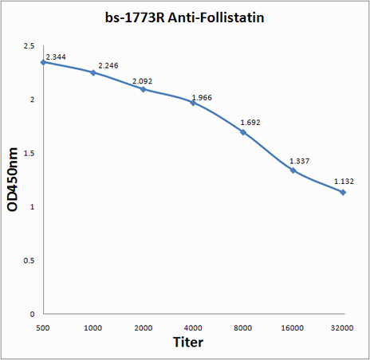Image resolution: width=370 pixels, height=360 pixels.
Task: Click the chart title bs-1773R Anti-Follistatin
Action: (184, 18)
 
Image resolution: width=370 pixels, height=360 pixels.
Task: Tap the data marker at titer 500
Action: (43, 62)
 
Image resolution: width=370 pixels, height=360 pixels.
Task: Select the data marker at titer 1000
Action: (93, 72)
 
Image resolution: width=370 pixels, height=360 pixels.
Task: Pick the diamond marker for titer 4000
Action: (193, 103)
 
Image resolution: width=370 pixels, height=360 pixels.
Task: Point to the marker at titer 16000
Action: (293, 170)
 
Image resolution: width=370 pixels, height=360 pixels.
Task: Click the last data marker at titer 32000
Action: (343, 192)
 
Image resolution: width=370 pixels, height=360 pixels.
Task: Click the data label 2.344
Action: (56, 57)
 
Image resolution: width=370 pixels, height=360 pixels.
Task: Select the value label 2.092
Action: (142, 81)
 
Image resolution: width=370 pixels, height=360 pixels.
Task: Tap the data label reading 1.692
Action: (250, 123)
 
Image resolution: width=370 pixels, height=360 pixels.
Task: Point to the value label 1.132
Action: (344, 182)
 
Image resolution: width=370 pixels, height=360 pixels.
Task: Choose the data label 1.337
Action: (299, 162)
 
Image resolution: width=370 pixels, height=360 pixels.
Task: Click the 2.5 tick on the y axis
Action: (30, 46)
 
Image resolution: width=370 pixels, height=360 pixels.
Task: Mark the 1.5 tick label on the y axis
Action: (30, 154)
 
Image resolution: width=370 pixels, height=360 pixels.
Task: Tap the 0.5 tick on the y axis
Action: (30, 260)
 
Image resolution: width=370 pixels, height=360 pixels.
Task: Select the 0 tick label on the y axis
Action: (32, 315)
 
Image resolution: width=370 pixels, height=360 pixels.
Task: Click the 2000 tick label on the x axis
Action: (144, 328)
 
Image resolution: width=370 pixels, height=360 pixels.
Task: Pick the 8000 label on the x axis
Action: (243, 328)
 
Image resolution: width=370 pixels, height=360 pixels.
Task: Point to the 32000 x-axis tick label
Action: (342, 328)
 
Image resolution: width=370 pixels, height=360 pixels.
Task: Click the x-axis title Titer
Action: (188, 342)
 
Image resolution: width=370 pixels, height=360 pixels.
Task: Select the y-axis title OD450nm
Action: (13, 180)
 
